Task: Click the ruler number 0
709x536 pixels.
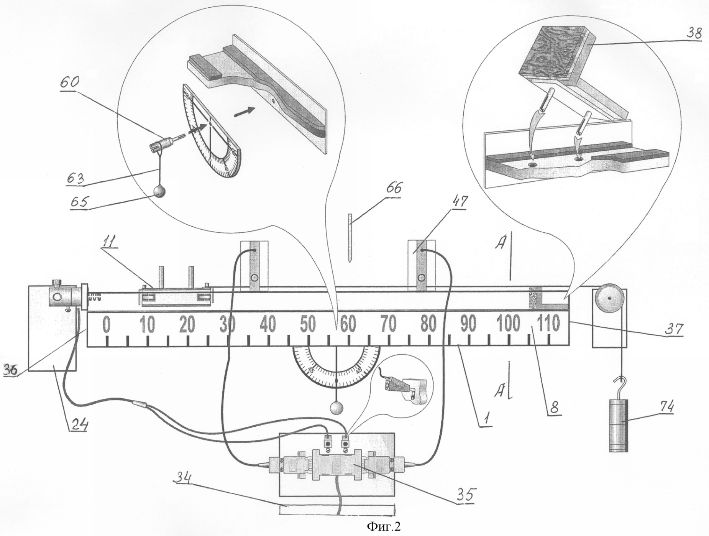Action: [x=107, y=324]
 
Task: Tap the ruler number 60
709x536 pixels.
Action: [x=348, y=324]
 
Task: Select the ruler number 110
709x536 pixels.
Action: [x=549, y=324]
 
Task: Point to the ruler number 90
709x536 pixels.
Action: [x=468, y=324]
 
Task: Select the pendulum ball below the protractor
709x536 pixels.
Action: [x=336, y=408]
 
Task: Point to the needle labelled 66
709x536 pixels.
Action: [x=350, y=238]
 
